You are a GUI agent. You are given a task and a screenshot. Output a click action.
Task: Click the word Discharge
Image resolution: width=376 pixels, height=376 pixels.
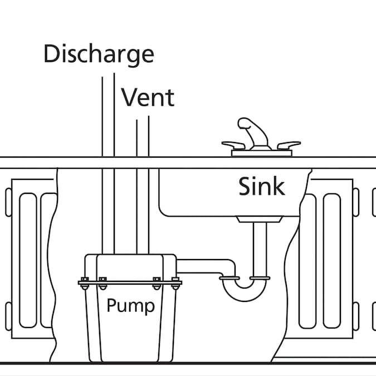pyautogui.click(x=98, y=54)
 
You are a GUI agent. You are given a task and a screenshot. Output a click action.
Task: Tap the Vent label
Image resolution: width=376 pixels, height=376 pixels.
pyautogui.click(x=148, y=97)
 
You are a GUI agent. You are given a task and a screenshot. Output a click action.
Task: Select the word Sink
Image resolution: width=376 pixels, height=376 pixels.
pyautogui.click(x=262, y=186)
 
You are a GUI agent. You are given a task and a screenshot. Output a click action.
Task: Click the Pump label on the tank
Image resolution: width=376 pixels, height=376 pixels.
pyautogui.click(x=130, y=305)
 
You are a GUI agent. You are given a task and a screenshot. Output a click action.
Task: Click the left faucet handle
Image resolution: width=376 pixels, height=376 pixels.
pyautogui.click(x=233, y=144)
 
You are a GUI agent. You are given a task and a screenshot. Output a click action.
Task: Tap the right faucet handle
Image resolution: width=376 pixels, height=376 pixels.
pyautogui.click(x=288, y=145)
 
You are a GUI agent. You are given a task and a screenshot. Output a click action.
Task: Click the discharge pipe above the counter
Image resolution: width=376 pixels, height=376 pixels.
pyautogui.click(x=108, y=117)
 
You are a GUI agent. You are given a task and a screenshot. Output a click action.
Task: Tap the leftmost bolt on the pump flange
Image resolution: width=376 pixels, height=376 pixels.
pyautogui.click(x=85, y=283)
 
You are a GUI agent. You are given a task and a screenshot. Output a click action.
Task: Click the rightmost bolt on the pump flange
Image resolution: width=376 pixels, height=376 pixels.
pyautogui.click(x=175, y=283)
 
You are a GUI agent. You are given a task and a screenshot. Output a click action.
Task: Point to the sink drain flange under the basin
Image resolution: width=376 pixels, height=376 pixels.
pyautogui.click(x=260, y=219)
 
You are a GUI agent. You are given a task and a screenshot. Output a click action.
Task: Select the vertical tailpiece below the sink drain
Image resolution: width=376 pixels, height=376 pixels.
pyautogui.click(x=260, y=248)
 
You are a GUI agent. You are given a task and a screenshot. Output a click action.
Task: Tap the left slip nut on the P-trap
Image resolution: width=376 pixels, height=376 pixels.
pyautogui.click(x=229, y=277)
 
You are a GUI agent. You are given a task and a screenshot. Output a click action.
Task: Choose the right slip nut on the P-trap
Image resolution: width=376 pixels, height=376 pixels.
pyautogui.click(x=260, y=277)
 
